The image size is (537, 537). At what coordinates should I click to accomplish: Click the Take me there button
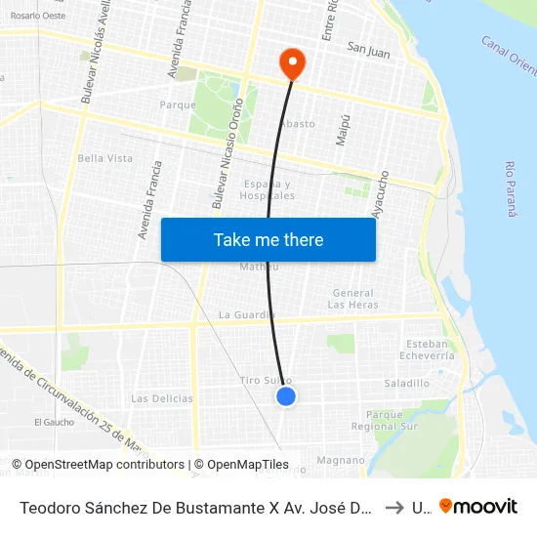click(x=268, y=239)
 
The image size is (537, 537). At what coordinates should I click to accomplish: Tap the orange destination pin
click(x=291, y=63)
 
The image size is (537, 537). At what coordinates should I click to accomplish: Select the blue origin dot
click(x=286, y=395)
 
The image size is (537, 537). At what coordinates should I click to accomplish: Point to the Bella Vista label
click(x=105, y=158)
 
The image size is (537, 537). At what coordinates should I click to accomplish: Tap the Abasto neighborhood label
click(x=297, y=124)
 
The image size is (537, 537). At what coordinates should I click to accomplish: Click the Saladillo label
click(x=407, y=384)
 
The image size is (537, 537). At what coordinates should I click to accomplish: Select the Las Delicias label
click(x=162, y=398)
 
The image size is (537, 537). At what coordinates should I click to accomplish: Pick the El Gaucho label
click(x=54, y=422)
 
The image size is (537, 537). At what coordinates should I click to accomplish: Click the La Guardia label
click(x=246, y=314)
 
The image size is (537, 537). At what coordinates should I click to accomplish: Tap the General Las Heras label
click(x=352, y=299)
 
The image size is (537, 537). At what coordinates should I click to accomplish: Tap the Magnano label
click(x=340, y=460)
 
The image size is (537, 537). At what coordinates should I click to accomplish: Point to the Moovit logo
click(x=478, y=506)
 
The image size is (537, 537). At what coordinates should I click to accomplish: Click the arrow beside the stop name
click(x=392, y=507)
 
